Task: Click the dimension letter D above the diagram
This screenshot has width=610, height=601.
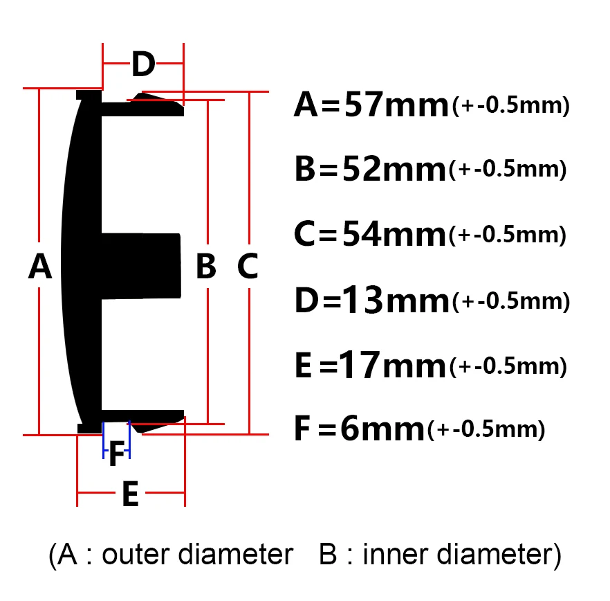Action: click(x=143, y=64)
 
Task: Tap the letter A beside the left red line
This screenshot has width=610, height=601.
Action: click(x=40, y=266)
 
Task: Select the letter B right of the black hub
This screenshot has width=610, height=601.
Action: click(x=206, y=266)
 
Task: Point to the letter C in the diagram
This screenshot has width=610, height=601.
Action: click(x=248, y=266)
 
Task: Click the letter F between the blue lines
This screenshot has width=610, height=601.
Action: click(x=117, y=454)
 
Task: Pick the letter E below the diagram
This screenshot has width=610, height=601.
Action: click(x=130, y=494)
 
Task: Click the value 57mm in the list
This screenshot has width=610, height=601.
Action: click(x=396, y=105)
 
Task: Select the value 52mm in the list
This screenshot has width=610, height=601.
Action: click(x=394, y=169)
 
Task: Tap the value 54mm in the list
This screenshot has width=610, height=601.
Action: click(x=394, y=234)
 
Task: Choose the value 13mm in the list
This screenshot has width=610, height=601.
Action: click(x=396, y=300)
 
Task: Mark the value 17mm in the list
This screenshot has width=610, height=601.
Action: click(x=392, y=365)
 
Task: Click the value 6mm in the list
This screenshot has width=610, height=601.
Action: click(x=382, y=429)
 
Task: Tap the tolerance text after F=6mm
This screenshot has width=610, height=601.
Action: click(x=486, y=429)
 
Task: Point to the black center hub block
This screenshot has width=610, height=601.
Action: click(x=141, y=266)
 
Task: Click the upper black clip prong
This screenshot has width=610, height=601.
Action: click(x=142, y=105)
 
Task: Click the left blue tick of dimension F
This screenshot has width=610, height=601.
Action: click(x=104, y=440)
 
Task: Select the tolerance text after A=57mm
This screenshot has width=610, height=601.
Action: click(x=511, y=105)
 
